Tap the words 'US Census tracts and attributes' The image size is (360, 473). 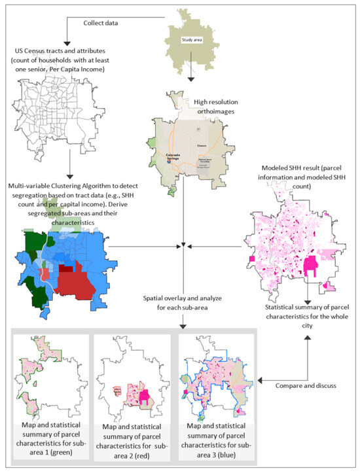click(62, 51)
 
